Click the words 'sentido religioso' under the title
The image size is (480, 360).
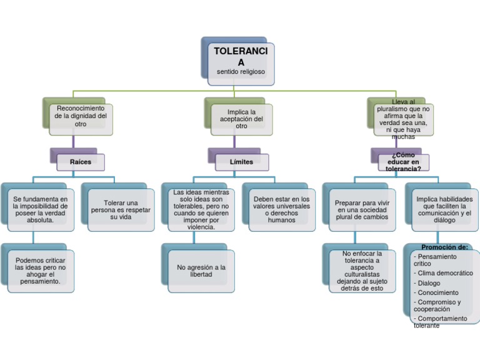pyautogui.click(x=241, y=72)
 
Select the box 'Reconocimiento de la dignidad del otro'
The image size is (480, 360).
pyautogui.click(x=81, y=116)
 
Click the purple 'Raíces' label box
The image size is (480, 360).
pyautogui.click(x=80, y=162)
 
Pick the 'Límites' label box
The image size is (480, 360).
pyautogui.click(x=241, y=162)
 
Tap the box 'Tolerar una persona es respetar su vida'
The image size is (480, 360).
pyautogui.click(x=121, y=210)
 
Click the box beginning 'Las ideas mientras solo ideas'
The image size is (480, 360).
pyautogui.click(x=201, y=210)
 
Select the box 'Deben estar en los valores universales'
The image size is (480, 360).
pyautogui.click(x=281, y=210)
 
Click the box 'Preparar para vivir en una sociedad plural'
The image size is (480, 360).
pyautogui.click(x=362, y=210)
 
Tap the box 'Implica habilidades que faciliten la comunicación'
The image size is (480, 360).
pyautogui.click(x=444, y=210)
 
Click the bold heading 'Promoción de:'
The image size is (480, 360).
pyautogui.click(x=444, y=247)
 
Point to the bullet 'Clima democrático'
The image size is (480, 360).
pyautogui.click(x=445, y=273)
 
